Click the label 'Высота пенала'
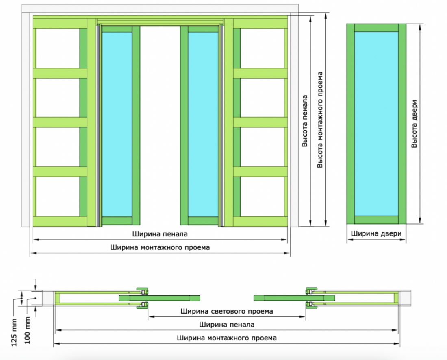pos(304,121)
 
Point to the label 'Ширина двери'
pos(376,234)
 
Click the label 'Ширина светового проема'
pos(226,311)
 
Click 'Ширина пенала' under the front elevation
pos(160,234)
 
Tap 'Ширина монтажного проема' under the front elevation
pos(160,247)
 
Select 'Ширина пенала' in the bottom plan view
pos(227,325)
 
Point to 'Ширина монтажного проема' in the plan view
pos(227,338)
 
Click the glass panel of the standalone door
pos(376,123)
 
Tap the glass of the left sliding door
pos(117,124)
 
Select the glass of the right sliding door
pos(204,124)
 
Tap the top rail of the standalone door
pos(376,28)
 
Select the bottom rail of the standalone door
pos(376,220)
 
